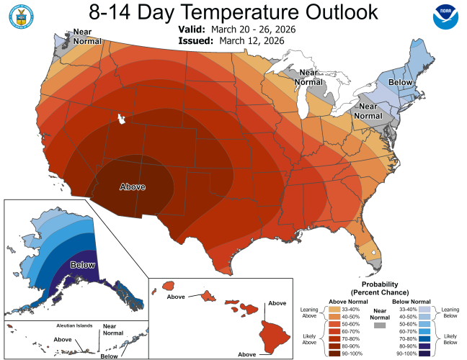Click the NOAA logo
click(x=445, y=17)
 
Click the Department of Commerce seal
click(x=21, y=17)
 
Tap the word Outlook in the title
click(x=342, y=12)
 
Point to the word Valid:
click(x=192, y=30)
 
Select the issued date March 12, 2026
click(x=252, y=41)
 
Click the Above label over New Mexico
click(x=133, y=187)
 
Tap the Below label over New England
click(x=400, y=82)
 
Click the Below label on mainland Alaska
click(x=82, y=265)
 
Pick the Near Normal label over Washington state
click(x=87, y=36)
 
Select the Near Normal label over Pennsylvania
click(x=368, y=111)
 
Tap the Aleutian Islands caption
click(x=74, y=325)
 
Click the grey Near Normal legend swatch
click(x=379, y=325)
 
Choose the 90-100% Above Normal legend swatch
click(x=334, y=354)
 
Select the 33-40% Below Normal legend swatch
click(x=424, y=310)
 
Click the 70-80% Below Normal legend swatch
click(x=424, y=339)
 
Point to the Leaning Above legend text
click(x=309, y=312)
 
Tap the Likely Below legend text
click(x=450, y=339)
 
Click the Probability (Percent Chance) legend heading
click(x=380, y=288)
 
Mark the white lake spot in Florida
click(x=373, y=253)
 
